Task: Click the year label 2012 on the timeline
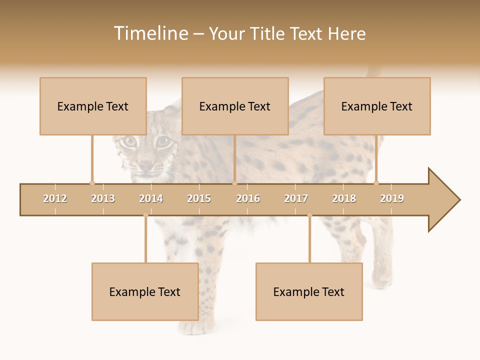pos(55,198)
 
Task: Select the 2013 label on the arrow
pos(103,198)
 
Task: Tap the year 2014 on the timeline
pos(151,198)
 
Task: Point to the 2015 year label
pos(199,198)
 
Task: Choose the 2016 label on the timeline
pos(248,198)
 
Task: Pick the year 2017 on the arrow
pos(296,198)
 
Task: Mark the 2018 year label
pos(344,198)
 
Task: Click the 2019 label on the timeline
pos(392,198)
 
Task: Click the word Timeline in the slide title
pos(150,33)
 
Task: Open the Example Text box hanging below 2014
pos(145,292)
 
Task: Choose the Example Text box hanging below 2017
pos(309,292)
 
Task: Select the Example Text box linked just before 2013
pos(93,106)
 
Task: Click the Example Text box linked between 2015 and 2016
pos(235,106)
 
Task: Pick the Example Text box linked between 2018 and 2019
pos(377,106)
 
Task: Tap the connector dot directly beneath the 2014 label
pos(145,215)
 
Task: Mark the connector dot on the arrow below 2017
pos(309,215)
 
